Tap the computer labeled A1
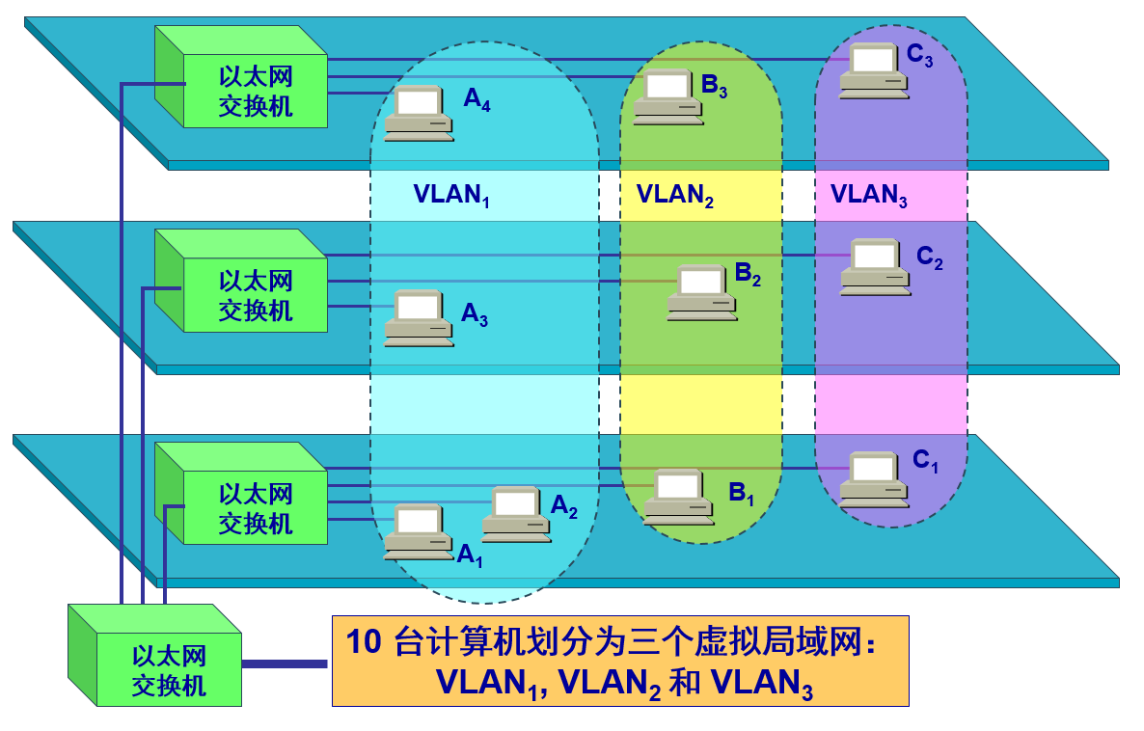click(x=418, y=531)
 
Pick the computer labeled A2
click(x=516, y=513)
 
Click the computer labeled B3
click(x=667, y=97)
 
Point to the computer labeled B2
click(x=701, y=292)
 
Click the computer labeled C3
click(x=873, y=70)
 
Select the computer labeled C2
click(x=874, y=267)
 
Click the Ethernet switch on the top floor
click(x=253, y=91)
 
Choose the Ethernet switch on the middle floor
click(x=253, y=295)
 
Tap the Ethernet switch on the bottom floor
click(x=253, y=508)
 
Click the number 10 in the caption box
click(x=364, y=643)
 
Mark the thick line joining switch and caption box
click(x=286, y=663)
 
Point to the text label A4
click(x=477, y=99)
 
